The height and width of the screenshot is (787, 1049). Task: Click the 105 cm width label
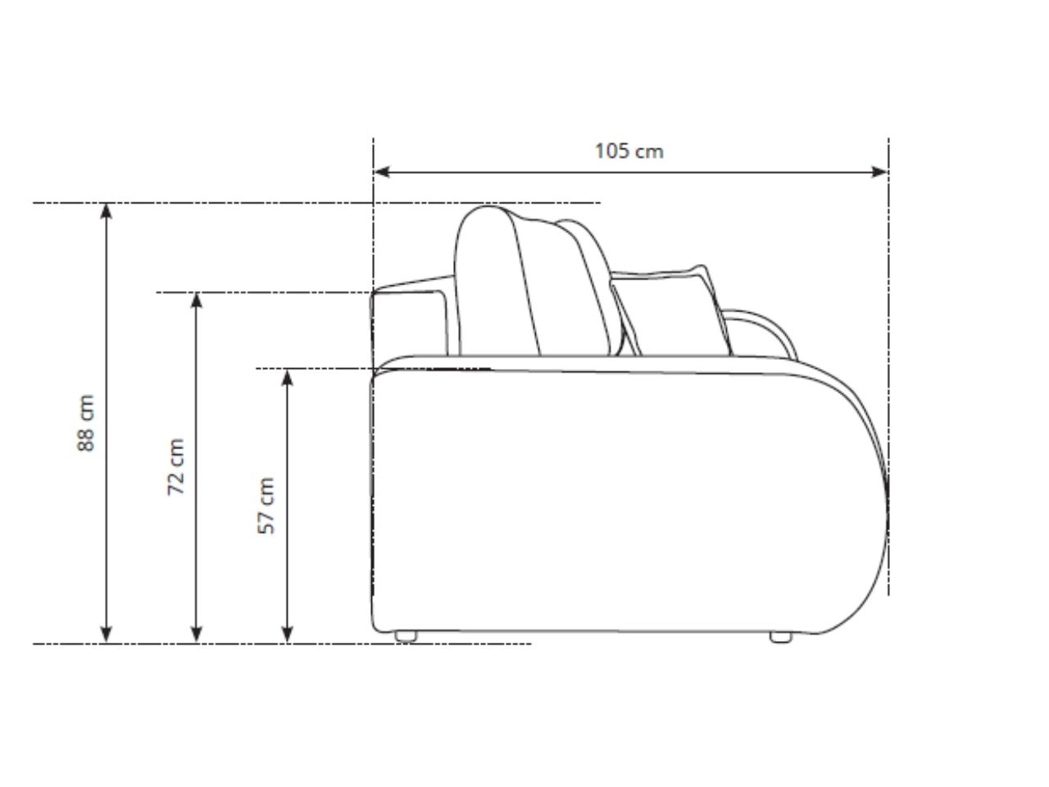pyautogui.click(x=629, y=151)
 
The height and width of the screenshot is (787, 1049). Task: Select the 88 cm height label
pyautogui.click(x=86, y=422)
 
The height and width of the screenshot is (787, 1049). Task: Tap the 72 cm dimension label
pyautogui.click(x=175, y=466)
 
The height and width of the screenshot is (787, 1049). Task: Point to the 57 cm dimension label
pyautogui.click(x=266, y=505)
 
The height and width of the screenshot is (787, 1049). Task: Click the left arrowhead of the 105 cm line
pyautogui.click(x=381, y=172)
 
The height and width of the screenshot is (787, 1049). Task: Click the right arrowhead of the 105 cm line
pyautogui.click(x=880, y=172)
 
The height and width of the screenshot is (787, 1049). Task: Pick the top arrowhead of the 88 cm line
pyautogui.click(x=107, y=211)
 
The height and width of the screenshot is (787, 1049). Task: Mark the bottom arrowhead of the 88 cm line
pyautogui.click(x=107, y=635)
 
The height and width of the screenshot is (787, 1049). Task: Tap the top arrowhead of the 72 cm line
pyautogui.click(x=197, y=300)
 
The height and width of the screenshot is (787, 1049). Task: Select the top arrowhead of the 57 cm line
pyautogui.click(x=287, y=377)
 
